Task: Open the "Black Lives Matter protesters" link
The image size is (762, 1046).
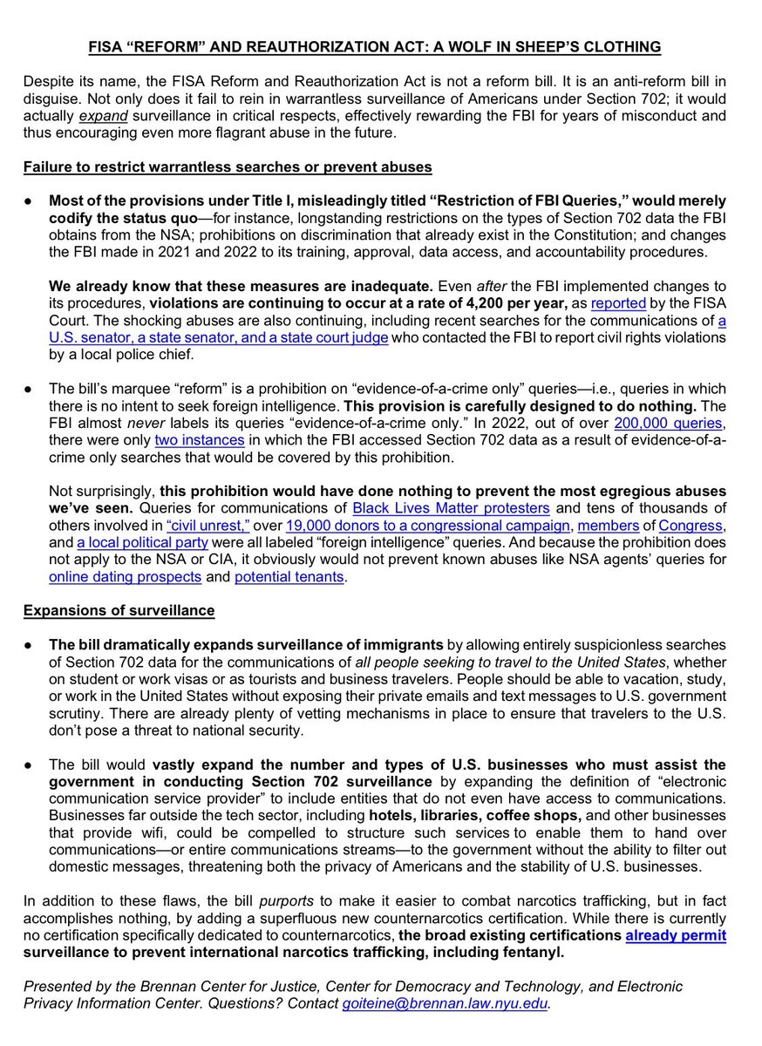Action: click(x=451, y=507)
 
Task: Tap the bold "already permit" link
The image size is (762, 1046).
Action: click(x=676, y=935)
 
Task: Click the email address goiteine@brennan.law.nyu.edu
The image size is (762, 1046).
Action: click(x=444, y=1003)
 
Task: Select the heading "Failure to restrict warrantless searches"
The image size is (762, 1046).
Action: click(x=228, y=167)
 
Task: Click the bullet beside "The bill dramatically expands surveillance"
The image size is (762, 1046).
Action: click(x=29, y=644)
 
